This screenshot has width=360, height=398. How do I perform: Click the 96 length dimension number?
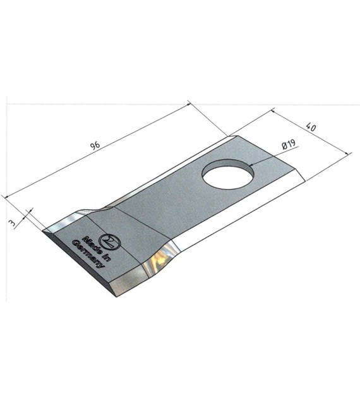click(x=95, y=145)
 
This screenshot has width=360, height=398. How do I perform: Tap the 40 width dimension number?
click(x=311, y=126)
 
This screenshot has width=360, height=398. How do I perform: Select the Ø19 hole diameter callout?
click(x=289, y=144)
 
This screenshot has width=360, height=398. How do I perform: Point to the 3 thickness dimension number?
click(x=11, y=223)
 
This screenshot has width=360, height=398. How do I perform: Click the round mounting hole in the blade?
click(x=228, y=174)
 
